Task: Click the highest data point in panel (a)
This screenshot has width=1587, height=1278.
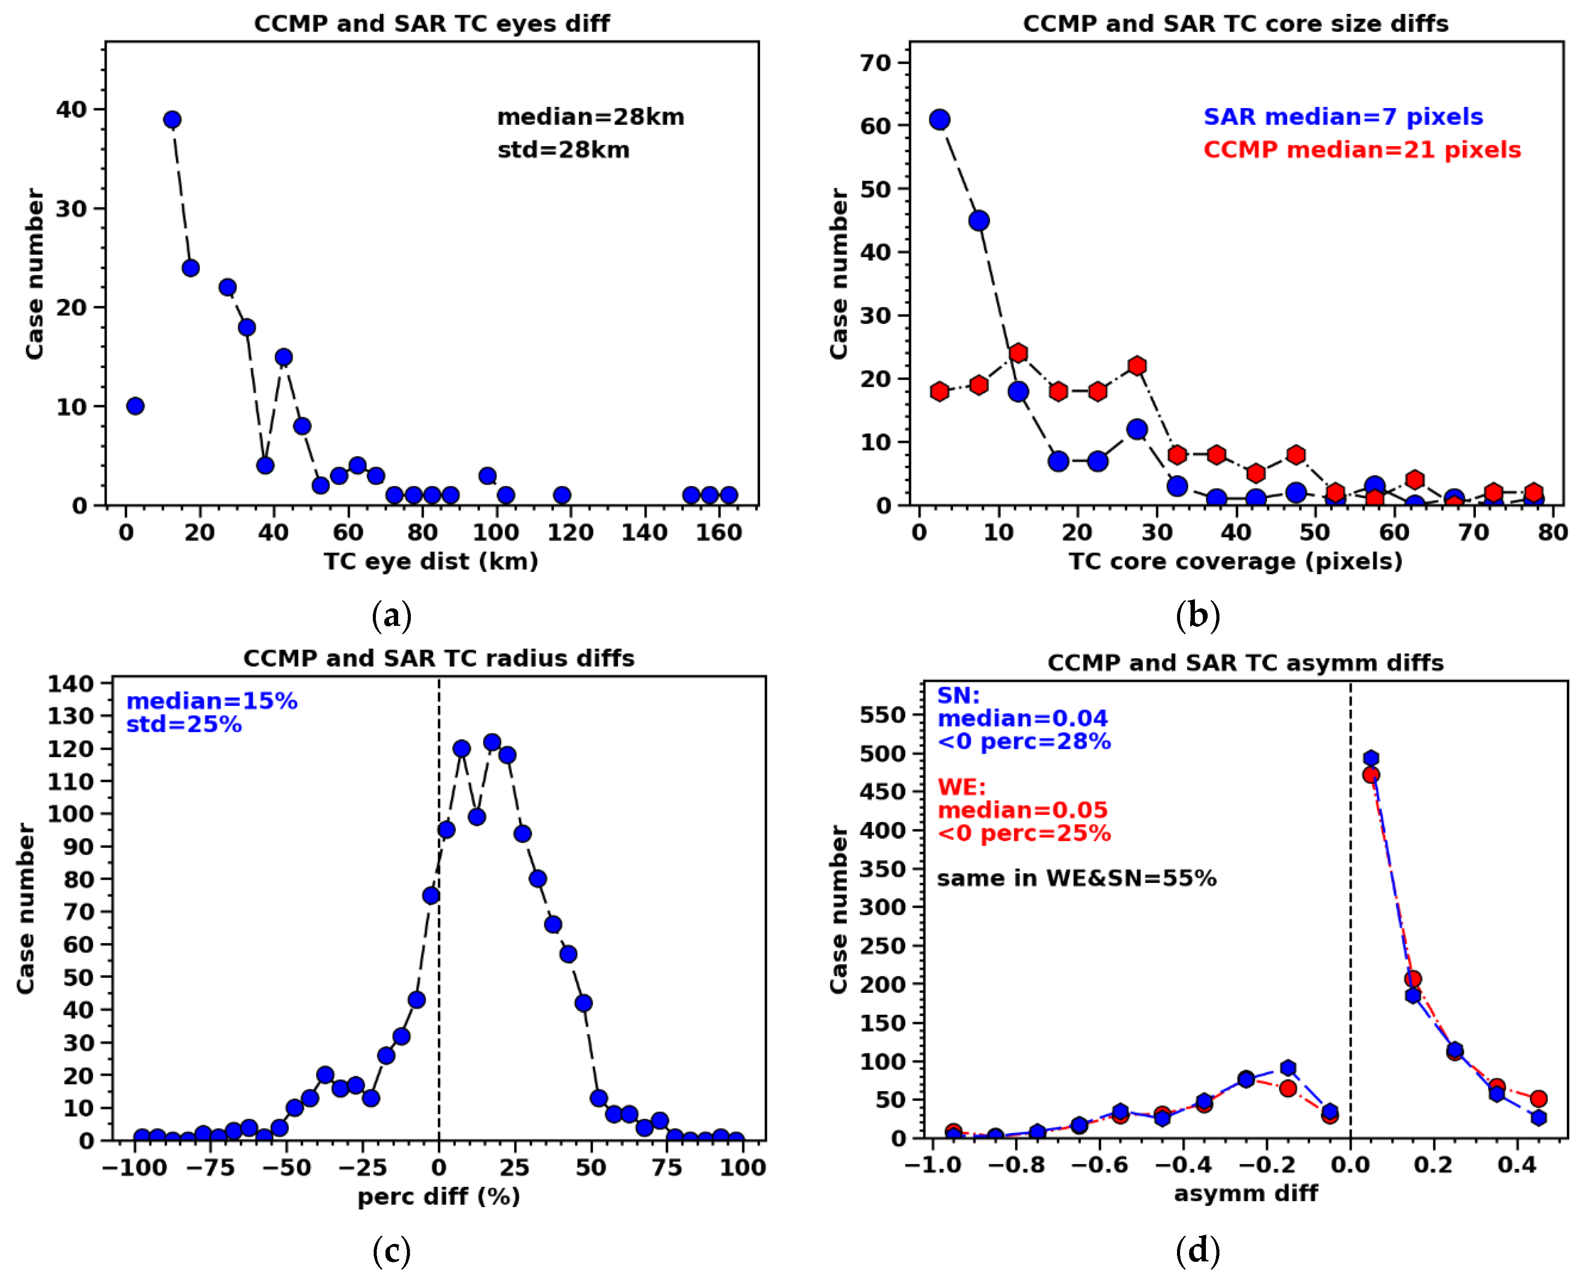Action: [172, 119]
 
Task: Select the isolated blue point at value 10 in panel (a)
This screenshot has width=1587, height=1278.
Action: [135, 406]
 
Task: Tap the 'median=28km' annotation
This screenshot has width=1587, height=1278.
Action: [590, 117]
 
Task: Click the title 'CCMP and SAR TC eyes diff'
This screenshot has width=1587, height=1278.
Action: [431, 24]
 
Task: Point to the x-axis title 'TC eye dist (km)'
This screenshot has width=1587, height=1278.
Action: [431, 562]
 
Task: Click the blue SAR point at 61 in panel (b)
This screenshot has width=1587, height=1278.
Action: [939, 119]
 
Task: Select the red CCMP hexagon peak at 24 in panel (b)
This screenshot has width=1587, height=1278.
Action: [1018, 353]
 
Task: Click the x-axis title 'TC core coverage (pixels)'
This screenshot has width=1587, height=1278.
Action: [1236, 562]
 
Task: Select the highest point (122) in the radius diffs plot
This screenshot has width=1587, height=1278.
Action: [492, 742]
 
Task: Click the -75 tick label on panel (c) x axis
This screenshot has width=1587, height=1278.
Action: [210, 1168]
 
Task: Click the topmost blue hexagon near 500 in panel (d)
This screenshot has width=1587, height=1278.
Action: [1370, 758]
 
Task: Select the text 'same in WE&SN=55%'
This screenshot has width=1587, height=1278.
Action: [1076, 878]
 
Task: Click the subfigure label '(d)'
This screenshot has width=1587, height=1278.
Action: [1198, 1250]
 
